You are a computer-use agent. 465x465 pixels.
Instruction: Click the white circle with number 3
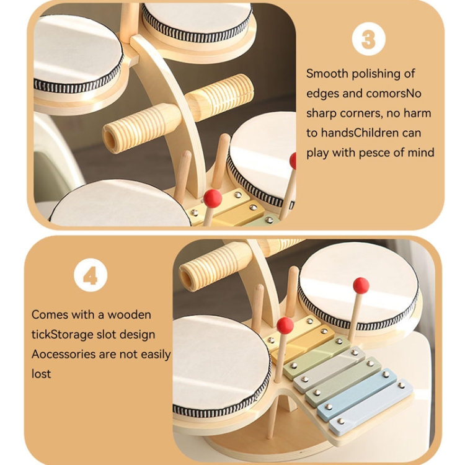coord(369,39)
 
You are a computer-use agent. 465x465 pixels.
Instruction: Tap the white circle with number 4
coord(91,275)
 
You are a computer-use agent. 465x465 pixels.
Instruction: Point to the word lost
coord(41,374)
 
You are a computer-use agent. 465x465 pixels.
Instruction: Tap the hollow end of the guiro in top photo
coord(112,139)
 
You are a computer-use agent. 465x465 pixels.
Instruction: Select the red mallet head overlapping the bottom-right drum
coord(361,286)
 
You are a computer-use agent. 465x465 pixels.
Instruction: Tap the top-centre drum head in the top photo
coord(197,18)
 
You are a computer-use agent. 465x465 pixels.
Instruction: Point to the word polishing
coord(376,74)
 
